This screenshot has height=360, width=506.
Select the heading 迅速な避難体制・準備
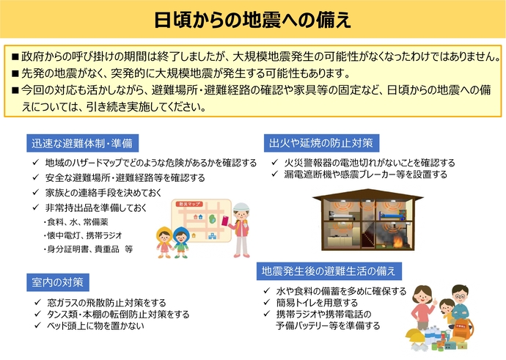[x=81, y=142]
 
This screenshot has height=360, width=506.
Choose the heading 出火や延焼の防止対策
[x=322, y=142]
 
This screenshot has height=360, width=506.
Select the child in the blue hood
[x=181, y=242]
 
